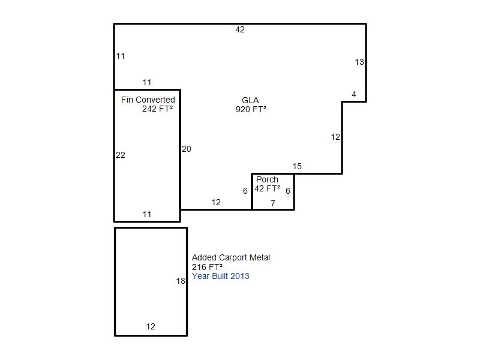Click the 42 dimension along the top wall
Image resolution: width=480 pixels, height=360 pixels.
coord(240,29)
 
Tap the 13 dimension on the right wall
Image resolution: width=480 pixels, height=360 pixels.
coord(359,62)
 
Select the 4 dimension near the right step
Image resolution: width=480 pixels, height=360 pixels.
coord(354,94)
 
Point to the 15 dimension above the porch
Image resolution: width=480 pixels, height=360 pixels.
coord(297,167)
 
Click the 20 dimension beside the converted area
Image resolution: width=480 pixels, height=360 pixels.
coord(187,149)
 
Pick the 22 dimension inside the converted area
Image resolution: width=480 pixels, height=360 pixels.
coord(121,155)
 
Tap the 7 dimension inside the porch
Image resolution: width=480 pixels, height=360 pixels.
coord(273,203)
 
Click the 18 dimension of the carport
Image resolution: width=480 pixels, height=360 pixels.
coord(181,281)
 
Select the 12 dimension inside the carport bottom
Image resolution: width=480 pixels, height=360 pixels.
coord(151,326)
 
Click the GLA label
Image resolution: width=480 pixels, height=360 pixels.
coord(250,100)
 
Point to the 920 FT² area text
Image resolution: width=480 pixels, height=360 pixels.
coord(251,109)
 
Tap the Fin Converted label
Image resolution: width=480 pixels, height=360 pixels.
coord(148,100)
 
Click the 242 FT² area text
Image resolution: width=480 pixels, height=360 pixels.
coord(157,109)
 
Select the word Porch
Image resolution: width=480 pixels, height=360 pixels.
coord(267,179)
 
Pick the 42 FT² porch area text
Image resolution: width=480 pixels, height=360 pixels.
coord(267,188)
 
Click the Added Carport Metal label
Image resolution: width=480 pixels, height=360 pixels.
coord(231,258)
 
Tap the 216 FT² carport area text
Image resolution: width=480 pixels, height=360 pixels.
coord(207,267)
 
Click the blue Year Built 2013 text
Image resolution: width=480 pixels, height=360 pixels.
coord(221,276)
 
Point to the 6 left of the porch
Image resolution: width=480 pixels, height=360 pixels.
coord(245,191)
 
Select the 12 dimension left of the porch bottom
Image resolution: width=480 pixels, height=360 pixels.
coord(216,202)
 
